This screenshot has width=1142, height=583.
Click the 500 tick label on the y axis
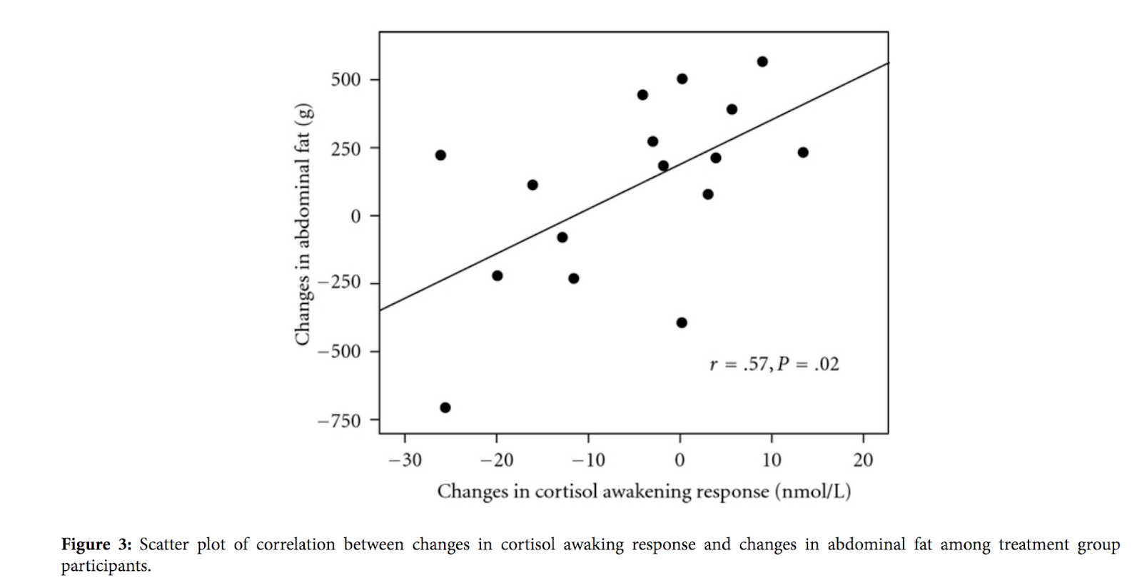[x=345, y=79]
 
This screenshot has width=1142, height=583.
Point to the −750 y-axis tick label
[x=340, y=421]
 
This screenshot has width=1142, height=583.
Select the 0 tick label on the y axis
[x=355, y=216]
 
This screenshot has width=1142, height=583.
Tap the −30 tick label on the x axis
[x=405, y=460]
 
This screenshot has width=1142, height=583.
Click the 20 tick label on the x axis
[x=863, y=460]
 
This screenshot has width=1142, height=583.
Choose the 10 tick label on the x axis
[x=772, y=460]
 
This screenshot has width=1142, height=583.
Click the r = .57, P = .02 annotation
[x=774, y=365]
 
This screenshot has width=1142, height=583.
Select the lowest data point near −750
[x=445, y=407]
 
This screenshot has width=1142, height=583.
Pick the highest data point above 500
[x=762, y=61]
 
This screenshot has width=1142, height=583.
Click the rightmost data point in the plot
[x=803, y=152]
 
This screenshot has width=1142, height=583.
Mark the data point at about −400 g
[x=682, y=323]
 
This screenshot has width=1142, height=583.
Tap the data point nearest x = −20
[x=497, y=275]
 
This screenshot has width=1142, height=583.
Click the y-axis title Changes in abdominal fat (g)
[x=303, y=224]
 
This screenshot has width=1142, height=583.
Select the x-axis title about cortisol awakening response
[x=644, y=492]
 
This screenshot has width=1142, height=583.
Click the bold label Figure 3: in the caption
[x=96, y=544]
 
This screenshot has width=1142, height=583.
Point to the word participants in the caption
[x=106, y=566]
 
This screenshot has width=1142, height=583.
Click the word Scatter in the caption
[x=163, y=544]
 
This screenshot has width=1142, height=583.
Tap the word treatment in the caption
[x=1034, y=544]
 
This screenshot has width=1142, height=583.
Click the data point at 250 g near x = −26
[x=440, y=155]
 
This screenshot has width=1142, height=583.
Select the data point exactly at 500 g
[x=682, y=78]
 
